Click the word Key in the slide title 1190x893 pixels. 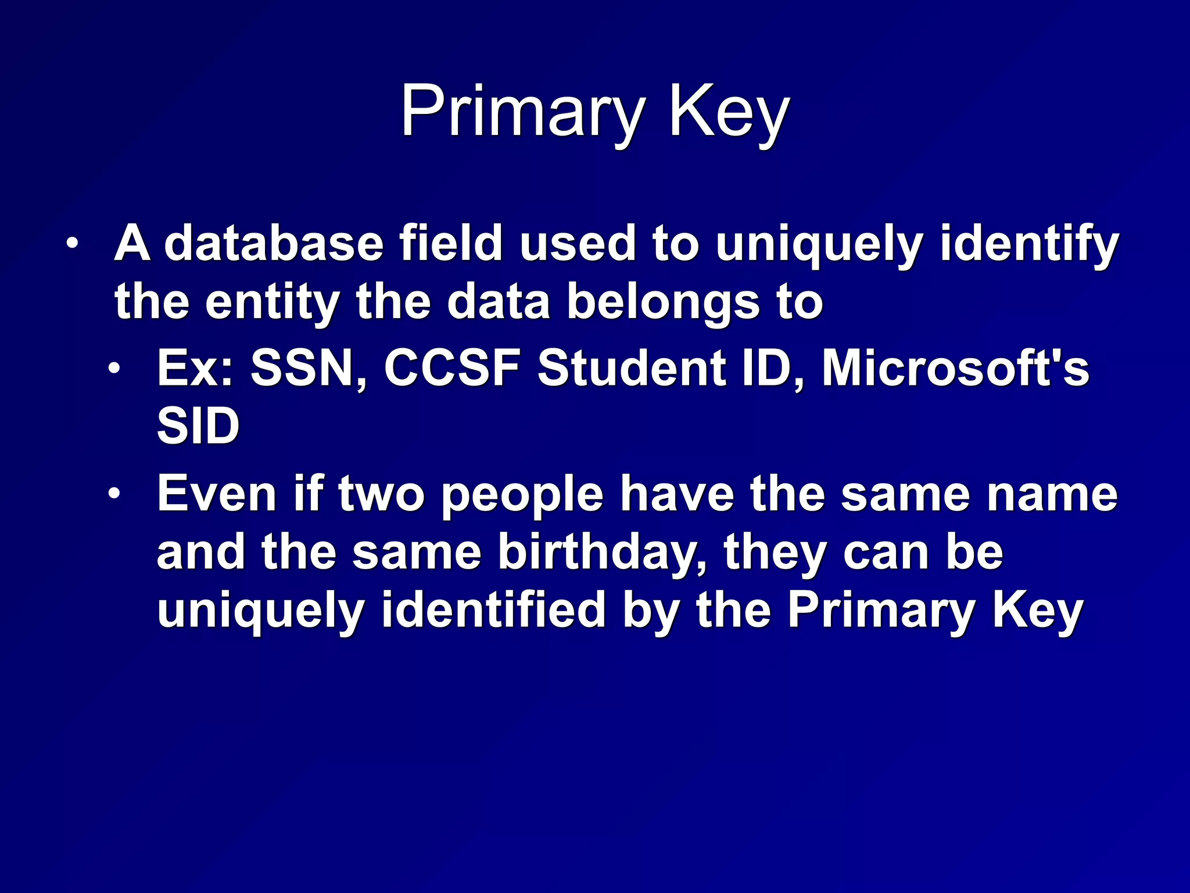[729, 112]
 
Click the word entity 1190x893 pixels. [272, 302]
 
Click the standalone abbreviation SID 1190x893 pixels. [198, 426]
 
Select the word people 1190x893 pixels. [522, 495]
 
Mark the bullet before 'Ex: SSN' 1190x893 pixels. [114, 367]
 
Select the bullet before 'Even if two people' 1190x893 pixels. [114, 494]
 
